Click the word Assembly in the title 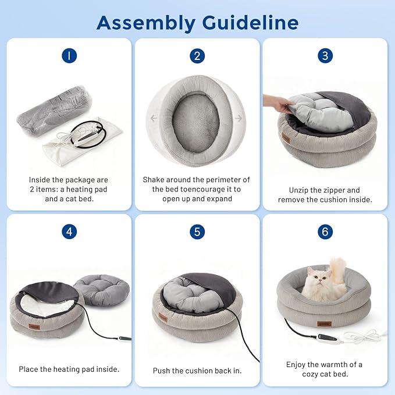[146, 23]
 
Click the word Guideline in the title [250, 23]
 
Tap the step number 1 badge [69, 56]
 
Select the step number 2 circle [197, 56]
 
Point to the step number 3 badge [325, 56]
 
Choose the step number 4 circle [69, 232]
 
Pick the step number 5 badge [197, 232]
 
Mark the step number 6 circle [325, 232]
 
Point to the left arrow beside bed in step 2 [154, 118]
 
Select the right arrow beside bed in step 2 [239, 118]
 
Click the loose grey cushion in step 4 [102, 290]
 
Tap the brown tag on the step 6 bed [324, 323]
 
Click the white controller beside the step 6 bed [329, 338]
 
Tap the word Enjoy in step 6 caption [296, 365]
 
